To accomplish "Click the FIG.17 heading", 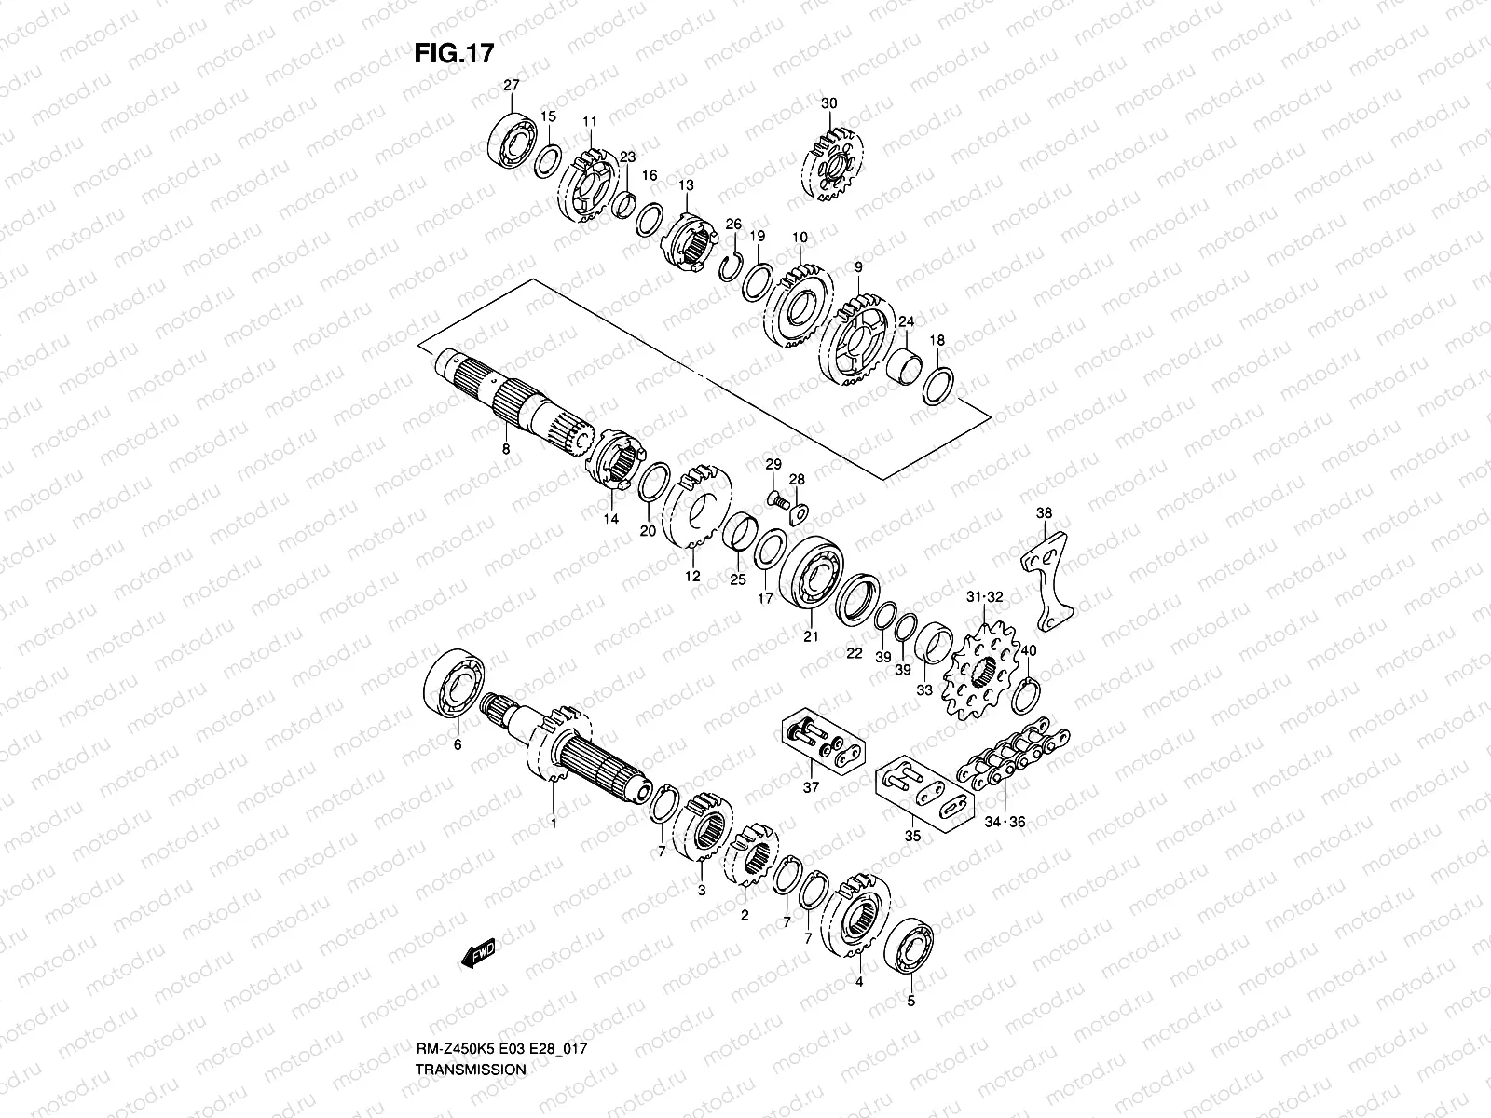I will point(453,54).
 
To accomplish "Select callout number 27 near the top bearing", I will point(512,86).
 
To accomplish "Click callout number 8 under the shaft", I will point(506,449).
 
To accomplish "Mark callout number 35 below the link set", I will point(912,836).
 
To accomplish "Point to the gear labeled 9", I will point(856,340).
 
